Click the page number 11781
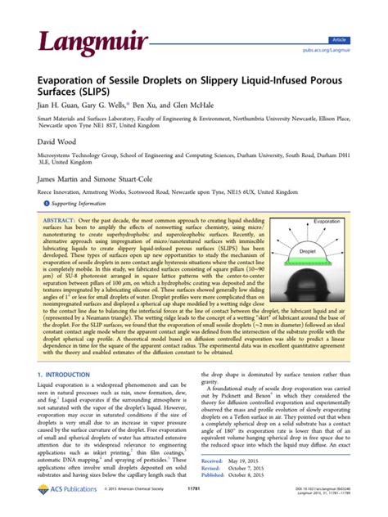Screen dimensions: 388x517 point(194,509)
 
